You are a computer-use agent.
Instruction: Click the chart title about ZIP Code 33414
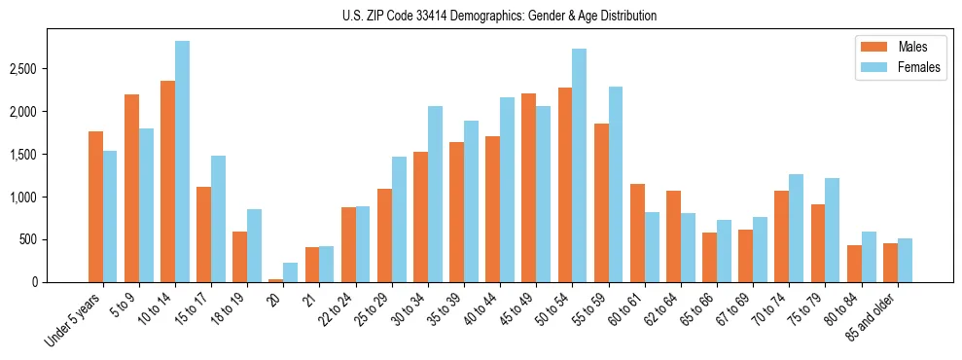[x=499, y=16]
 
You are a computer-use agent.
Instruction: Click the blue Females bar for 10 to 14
[x=182, y=162]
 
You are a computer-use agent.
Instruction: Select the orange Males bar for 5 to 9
[x=131, y=188]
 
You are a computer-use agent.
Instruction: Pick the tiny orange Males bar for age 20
[x=276, y=280]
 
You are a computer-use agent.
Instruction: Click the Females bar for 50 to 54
[x=579, y=165]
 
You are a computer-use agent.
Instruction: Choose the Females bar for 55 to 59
[x=615, y=185]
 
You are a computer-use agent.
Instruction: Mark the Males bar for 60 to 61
[x=637, y=233]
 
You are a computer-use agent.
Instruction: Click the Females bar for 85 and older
[x=905, y=260]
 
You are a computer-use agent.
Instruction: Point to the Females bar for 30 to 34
[x=435, y=195]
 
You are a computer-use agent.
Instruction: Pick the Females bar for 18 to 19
[x=254, y=245]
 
